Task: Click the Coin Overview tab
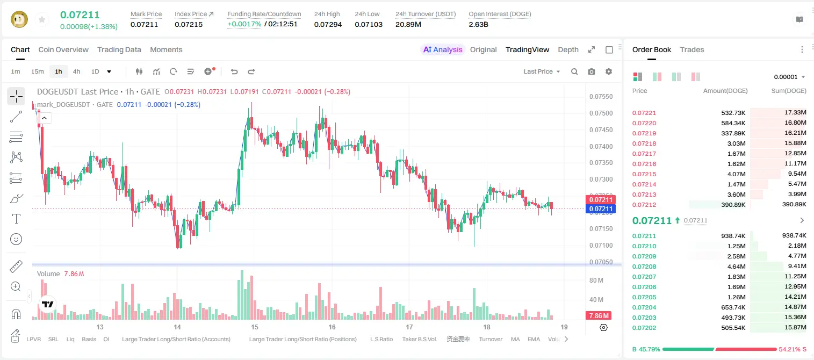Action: (x=63, y=49)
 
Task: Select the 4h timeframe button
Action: (x=76, y=71)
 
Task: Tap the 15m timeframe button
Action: (x=38, y=71)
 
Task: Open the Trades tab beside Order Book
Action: (x=692, y=49)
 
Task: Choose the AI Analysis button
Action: (x=443, y=49)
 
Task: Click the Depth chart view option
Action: (x=568, y=49)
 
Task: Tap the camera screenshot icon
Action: (x=592, y=71)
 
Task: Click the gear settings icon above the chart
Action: (x=609, y=71)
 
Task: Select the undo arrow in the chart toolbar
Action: (x=234, y=71)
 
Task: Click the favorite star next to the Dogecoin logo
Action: (x=42, y=19)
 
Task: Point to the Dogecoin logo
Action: (x=19, y=19)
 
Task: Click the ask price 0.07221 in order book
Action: (x=644, y=113)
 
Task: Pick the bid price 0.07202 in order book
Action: (x=644, y=328)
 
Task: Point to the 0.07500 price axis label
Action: (x=601, y=113)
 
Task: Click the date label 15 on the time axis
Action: (x=254, y=327)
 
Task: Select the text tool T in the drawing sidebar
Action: (x=16, y=219)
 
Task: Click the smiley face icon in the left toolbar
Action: (x=16, y=239)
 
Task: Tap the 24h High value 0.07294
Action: (x=328, y=24)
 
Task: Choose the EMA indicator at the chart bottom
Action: (x=534, y=339)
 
